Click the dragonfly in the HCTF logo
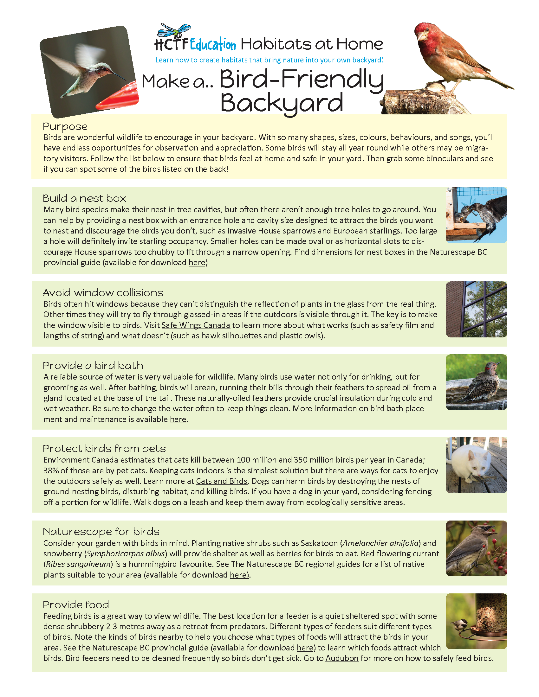[174, 31]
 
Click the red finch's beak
[421, 36]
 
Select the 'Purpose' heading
[65, 126]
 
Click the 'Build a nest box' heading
[84, 198]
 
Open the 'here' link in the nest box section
[197, 263]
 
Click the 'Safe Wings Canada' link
[196, 325]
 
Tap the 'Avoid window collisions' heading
[103, 293]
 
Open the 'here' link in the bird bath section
[178, 419]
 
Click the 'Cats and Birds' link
[222, 481]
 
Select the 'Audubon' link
[342, 658]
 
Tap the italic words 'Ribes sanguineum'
[78, 564]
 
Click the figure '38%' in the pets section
[51, 470]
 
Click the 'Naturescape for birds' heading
[101, 532]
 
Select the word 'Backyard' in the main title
[282, 103]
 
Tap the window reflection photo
[476, 309]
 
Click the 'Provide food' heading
[76, 605]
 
